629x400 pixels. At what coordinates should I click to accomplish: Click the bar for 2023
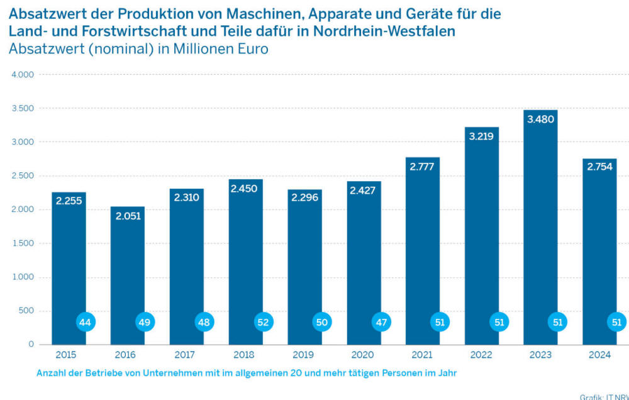click(540, 226)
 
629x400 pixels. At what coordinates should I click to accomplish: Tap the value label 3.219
click(482, 135)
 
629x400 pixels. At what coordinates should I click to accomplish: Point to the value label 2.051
click(128, 216)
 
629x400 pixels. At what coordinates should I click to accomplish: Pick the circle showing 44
click(85, 322)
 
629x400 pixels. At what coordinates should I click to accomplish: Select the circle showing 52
click(264, 322)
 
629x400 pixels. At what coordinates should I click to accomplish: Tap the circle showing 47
click(380, 322)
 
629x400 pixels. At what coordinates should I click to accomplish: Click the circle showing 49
click(145, 322)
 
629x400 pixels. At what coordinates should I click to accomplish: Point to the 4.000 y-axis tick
click(23, 75)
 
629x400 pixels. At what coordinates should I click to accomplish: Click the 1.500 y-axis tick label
click(23, 243)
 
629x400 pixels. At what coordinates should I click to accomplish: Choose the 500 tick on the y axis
click(26, 311)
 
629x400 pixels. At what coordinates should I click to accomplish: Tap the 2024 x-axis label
click(599, 355)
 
